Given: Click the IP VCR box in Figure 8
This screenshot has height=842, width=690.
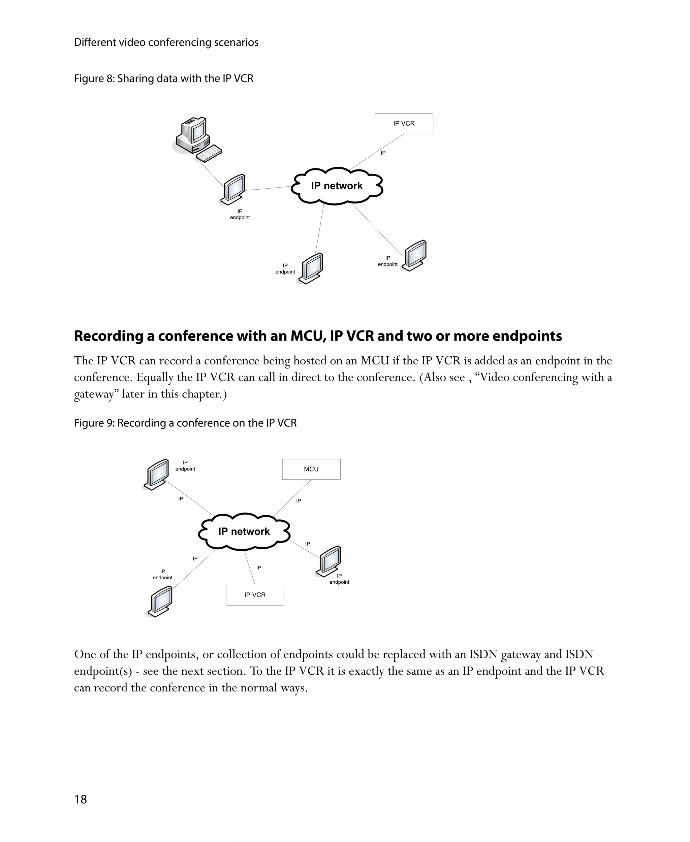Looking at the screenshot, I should click(x=404, y=124).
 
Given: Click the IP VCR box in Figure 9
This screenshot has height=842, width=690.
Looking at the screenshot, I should click(x=255, y=595).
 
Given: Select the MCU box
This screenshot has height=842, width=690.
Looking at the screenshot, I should click(x=311, y=469).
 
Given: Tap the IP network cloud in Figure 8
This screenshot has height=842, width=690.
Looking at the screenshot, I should click(x=337, y=186).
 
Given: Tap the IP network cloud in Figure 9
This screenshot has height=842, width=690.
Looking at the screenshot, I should click(x=244, y=532).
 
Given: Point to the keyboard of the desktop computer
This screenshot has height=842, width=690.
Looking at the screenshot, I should click(x=209, y=153).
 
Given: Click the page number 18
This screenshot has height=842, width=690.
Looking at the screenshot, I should click(x=80, y=799).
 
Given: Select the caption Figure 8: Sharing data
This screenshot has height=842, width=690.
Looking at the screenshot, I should click(x=163, y=79).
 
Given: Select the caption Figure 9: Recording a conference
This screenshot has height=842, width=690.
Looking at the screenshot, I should click(x=185, y=423).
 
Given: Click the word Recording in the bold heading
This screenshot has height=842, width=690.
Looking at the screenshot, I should click(x=109, y=336).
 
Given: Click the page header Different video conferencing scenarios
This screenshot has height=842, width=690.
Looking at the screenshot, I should click(x=166, y=42).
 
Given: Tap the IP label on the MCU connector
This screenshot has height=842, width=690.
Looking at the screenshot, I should click(x=299, y=501).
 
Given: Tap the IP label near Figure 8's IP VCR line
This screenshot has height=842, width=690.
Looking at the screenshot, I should click(x=383, y=153).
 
